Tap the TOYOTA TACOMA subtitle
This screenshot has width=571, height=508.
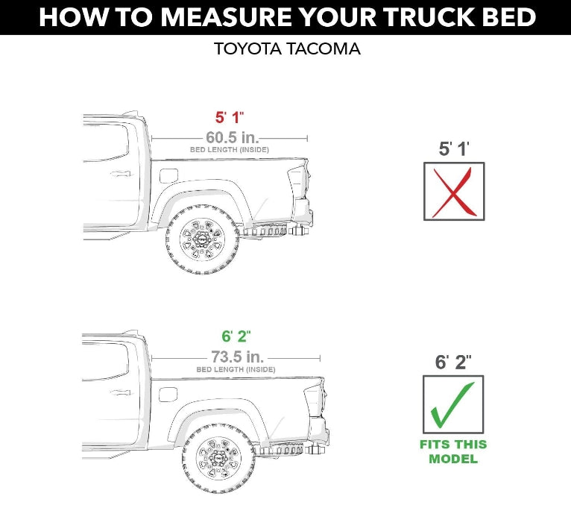point(287,50)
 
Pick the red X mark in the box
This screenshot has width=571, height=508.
point(454,192)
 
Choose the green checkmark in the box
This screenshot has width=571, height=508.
point(453,404)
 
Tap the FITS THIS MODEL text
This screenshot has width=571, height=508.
point(453,452)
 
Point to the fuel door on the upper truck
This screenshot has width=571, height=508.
point(169,176)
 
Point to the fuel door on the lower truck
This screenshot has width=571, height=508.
point(169,395)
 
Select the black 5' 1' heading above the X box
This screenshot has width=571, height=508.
point(453,148)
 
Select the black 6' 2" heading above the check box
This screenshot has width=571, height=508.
point(453,363)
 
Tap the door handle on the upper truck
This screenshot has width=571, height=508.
point(118,174)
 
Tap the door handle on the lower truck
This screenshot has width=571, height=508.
point(118,392)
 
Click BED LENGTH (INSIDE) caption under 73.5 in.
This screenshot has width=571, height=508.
point(236,369)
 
